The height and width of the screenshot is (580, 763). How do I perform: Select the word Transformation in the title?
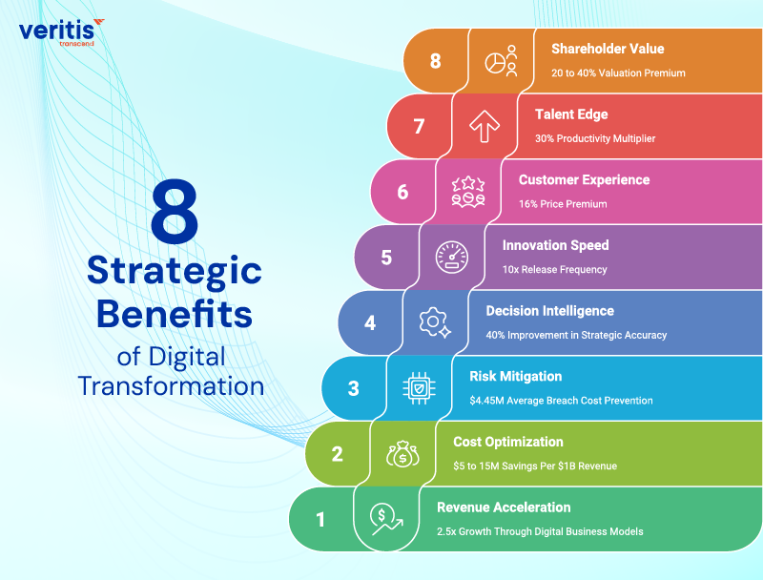(x=171, y=386)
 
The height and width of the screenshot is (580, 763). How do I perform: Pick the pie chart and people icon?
(x=501, y=60)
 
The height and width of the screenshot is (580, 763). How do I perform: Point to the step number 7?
(x=419, y=126)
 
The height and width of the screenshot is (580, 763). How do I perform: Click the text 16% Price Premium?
(x=563, y=204)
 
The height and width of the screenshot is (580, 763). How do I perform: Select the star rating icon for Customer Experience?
(x=467, y=191)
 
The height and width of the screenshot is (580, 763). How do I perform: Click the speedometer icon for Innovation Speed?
(x=451, y=257)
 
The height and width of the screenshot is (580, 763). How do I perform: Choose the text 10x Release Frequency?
(x=554, y=270)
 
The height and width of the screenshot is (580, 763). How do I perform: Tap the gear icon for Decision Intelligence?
(x=434, y=322)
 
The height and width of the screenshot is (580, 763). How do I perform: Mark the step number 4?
(x=370, y=322)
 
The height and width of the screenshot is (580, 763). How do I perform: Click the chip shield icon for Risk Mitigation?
(x=418, y=387)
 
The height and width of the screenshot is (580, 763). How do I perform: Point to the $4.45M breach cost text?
(x=561, y=401)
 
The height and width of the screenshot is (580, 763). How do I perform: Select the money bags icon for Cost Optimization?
(x=402, y=453)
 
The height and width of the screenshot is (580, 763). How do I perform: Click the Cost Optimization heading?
(x=508, y=442)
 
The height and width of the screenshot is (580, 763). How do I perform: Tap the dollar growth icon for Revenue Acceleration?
(x=385, y=519)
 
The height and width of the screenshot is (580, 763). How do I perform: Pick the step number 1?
(x=320, y=520)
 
